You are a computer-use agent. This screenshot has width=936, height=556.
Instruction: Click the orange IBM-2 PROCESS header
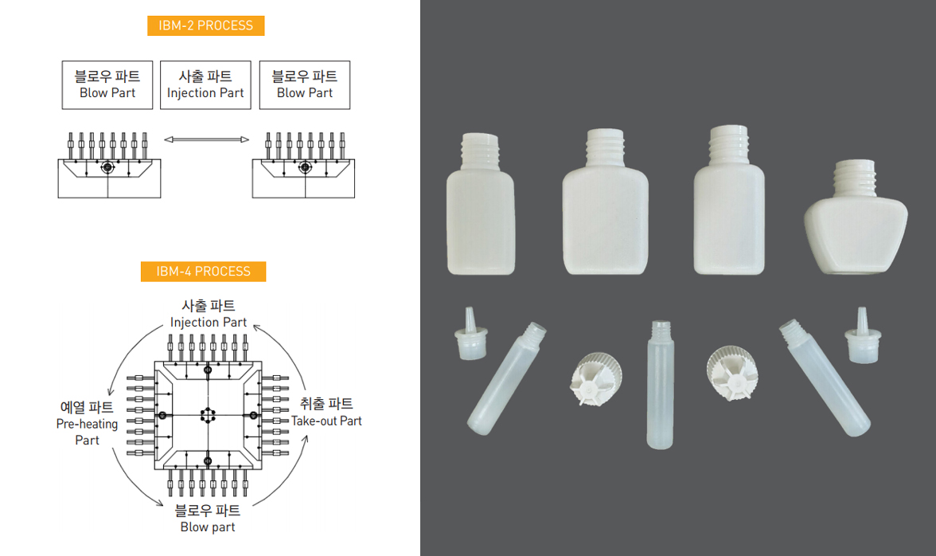tap(206, 25)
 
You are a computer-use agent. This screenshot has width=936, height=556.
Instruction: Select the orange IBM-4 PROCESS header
tap(204, 271)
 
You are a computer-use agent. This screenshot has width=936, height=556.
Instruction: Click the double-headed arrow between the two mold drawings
tap(207, 139)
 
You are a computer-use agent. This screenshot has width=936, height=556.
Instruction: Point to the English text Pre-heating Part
tap(88, 432)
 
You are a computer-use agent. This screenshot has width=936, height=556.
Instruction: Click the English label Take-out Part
tap(326, 421)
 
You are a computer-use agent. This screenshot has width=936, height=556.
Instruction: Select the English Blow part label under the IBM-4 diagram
tap(208, 527)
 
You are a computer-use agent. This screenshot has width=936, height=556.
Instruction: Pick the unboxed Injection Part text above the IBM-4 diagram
tap(209, 323)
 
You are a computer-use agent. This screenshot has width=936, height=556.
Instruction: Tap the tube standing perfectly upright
tap(661, 385)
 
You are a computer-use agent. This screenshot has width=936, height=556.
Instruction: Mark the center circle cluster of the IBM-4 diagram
tap(207, 415)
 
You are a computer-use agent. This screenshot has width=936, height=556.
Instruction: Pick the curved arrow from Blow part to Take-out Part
tap(284, 476)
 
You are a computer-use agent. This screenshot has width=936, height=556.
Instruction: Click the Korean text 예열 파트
tap(88, 407)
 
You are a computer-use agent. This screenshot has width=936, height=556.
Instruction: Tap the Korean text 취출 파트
tap(326, 404)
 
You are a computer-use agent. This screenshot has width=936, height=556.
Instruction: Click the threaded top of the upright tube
tap(661, 327)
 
